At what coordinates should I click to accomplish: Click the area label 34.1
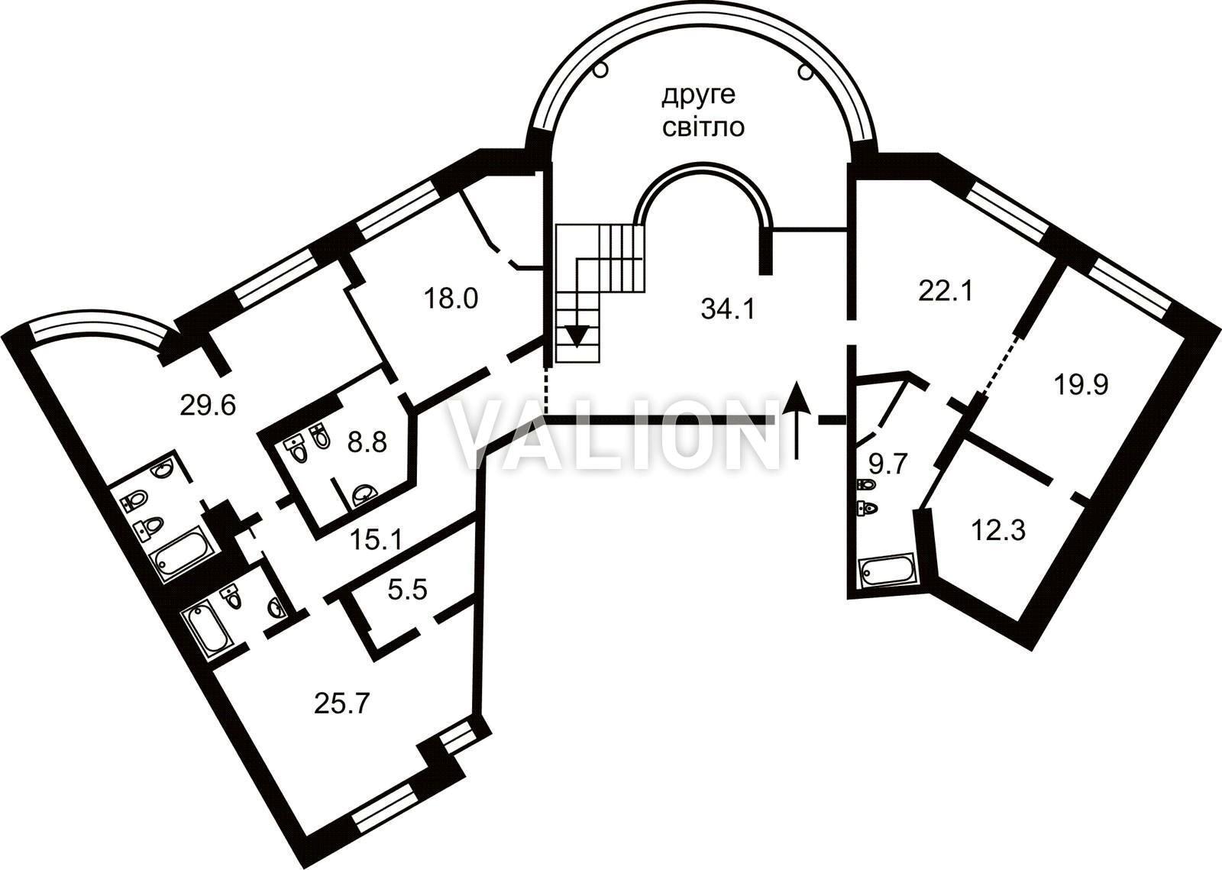(727, 309)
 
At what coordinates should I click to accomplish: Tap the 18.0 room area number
(451, 298)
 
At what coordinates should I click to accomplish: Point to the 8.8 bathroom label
(367, 442)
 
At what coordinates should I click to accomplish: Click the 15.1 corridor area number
(375, 541)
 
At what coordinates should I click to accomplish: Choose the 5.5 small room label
(406, 590)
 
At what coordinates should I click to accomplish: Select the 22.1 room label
(945, 291)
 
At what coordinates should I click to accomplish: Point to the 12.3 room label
(997, 530)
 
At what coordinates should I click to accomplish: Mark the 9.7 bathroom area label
(887, 464)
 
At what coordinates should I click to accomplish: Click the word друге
(698, 95)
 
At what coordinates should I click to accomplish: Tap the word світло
(703, 127)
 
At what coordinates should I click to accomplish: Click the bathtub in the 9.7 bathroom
(885, 570)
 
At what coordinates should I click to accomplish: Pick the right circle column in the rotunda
(804, 71)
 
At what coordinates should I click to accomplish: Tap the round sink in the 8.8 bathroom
(364, 496)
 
